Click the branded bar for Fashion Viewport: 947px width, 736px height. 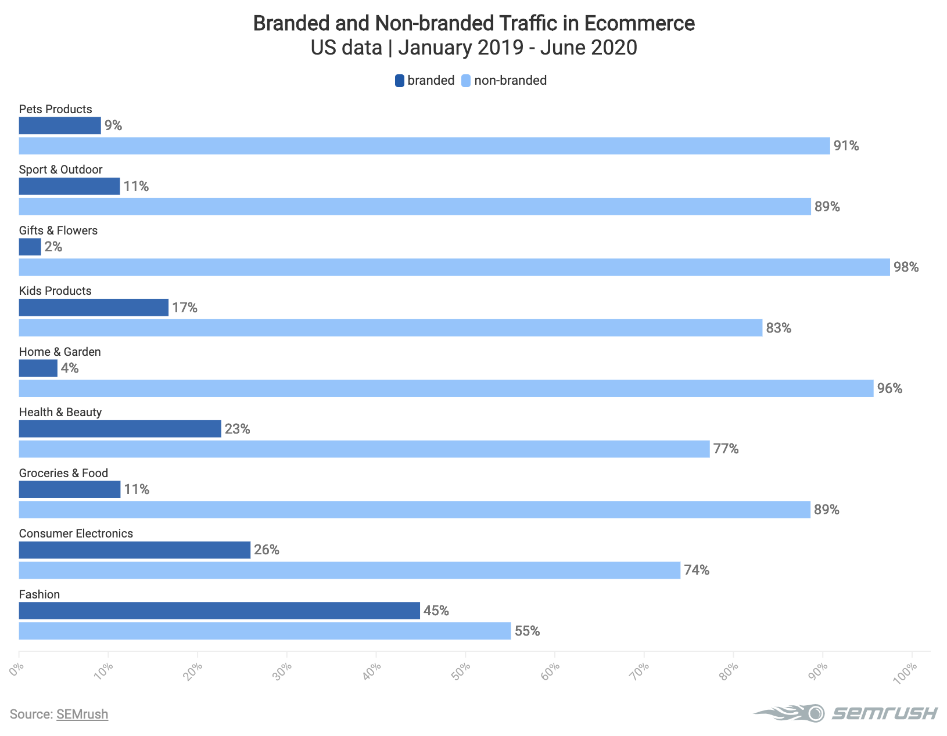click(219, 611)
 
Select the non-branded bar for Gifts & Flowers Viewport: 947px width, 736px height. click(454, 267)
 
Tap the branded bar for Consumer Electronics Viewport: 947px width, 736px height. click(134, 550)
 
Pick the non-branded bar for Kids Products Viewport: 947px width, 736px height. click(390, 328)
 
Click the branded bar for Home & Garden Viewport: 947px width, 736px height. click(38, 368)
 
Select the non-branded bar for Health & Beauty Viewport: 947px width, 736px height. click(364, 449)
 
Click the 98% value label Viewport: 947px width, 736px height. click(906, 268)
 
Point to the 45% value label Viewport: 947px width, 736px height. click(436, 611)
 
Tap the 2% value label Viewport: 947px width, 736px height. click(53, 247)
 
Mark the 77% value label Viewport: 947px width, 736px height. click(726, 449)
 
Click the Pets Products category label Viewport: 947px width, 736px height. click(55, 109)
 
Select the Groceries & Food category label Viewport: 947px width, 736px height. click(63, 473)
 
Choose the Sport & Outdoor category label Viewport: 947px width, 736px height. click(60, 169)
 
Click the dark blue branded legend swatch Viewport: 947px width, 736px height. click(400, 81)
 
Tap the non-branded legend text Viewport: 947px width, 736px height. click(510, 81)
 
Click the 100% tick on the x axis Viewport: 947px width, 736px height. click(907, 672)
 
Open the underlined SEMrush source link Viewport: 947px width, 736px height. click(82, 714)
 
